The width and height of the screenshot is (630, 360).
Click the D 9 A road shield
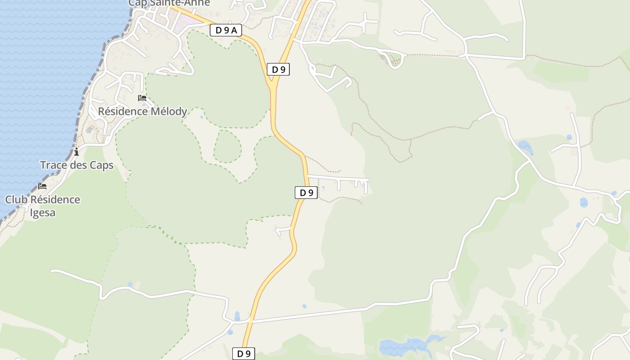pos(226,30)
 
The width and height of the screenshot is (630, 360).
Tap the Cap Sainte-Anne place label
pos(169,3)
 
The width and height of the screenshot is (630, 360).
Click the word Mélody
pos(167,111)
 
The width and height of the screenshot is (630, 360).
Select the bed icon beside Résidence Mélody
pos(142,98)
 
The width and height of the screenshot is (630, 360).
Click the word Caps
pos(102,165)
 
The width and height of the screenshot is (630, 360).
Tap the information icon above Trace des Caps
pos(76,152)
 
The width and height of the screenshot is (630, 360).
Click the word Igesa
pos(43,212)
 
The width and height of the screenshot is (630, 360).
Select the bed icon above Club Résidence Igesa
pos(42,186)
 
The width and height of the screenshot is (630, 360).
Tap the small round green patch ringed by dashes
pos(227,146)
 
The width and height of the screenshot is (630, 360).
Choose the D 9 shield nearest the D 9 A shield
pos(278,69)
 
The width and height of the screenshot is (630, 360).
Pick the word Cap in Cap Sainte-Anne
pos(137,3)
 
